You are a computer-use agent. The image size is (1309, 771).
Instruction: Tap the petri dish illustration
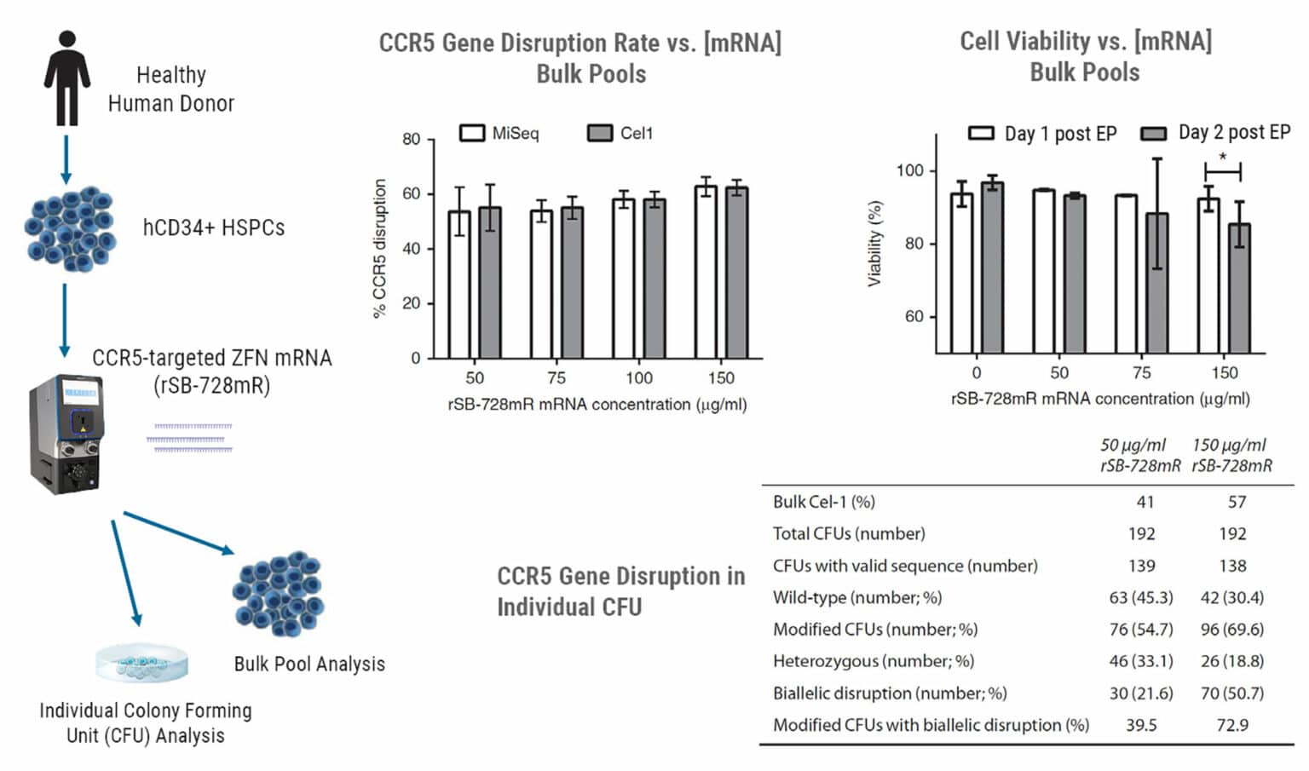(141, 663)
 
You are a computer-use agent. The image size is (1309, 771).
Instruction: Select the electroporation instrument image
(66, 434)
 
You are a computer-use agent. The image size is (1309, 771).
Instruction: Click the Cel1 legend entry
(620, 133)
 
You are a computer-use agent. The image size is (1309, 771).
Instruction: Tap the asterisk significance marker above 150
(1223, 157)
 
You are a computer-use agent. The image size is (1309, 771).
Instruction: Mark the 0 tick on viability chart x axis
(977, 372)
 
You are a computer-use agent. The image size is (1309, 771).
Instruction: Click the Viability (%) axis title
(874, 244)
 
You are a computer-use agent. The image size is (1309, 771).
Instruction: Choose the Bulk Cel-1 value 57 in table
(1237, 502)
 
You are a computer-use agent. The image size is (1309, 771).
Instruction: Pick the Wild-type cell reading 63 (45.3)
(1141, 597)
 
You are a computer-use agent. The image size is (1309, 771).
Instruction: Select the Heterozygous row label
(873, 661)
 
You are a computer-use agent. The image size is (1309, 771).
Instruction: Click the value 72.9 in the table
(1232, 725)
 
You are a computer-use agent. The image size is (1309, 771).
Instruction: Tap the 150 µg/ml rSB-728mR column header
(1231, 455)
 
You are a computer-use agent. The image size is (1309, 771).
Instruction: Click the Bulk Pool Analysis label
(309, 664)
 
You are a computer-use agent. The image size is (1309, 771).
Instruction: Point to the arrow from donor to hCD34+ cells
(66, 159)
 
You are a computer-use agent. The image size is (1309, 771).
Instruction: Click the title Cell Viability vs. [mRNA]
(1085, 41)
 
